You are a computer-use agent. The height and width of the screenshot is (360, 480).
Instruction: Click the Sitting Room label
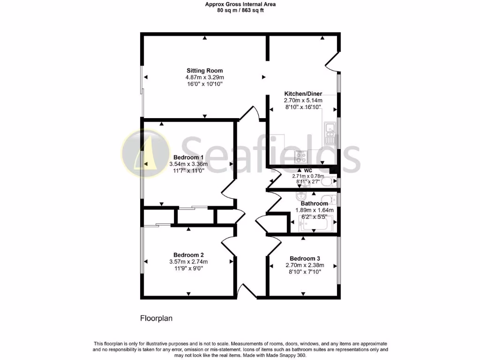[205, 71]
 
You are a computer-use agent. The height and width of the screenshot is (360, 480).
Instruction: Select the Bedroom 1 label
[188, 157]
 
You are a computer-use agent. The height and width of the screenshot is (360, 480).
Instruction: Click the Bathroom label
[314, 203]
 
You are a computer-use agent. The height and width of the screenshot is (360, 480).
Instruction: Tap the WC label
[308, 170]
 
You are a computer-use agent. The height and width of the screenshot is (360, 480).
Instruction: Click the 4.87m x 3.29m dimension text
[205, 77]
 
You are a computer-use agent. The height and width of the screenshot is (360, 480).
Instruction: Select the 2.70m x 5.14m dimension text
[303, 100]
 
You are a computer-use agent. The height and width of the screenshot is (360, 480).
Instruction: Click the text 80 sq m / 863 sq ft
[240, 10]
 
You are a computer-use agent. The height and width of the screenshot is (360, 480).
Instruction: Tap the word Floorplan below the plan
[157, 318]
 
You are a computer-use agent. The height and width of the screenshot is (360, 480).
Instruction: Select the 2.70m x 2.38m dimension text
[305, 265]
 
